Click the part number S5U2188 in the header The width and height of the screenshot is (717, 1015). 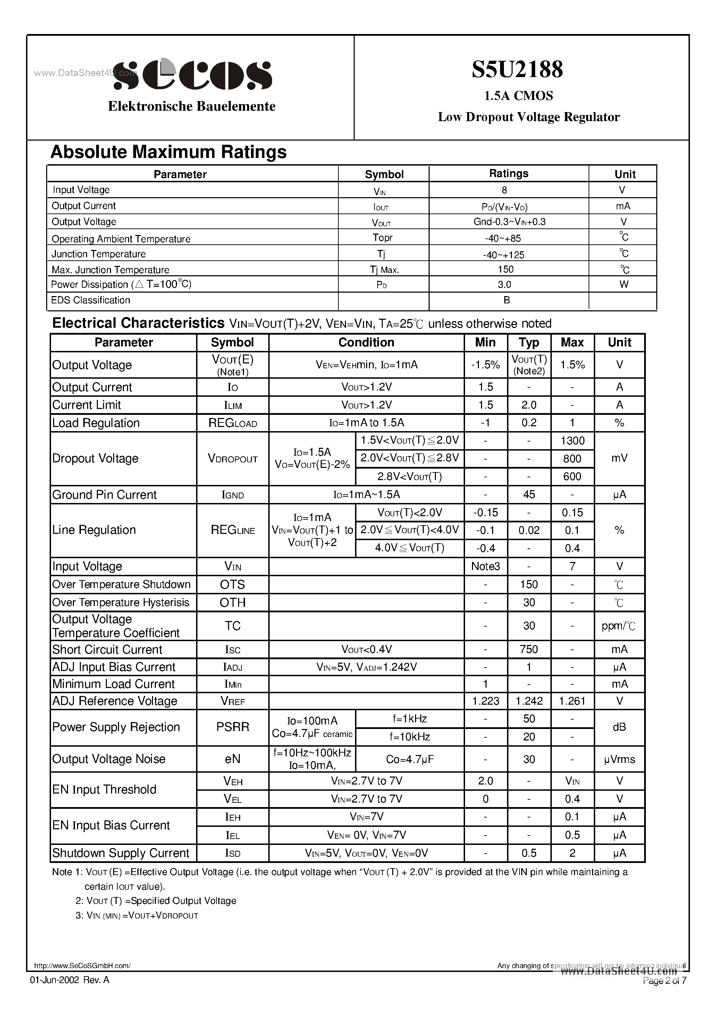517,69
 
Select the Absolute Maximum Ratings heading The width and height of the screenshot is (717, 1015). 168,152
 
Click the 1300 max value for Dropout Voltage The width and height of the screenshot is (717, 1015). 572,441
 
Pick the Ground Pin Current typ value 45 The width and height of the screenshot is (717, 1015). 529,495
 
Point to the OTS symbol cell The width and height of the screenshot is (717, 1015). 232,585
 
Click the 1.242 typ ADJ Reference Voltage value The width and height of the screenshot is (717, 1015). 529,701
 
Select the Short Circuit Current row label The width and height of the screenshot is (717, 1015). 108,649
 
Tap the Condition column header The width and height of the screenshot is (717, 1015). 366,343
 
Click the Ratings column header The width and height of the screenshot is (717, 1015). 508,174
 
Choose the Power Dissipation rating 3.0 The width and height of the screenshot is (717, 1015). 504,285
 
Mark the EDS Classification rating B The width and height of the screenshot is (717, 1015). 507,300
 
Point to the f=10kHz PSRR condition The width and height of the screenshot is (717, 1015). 409,737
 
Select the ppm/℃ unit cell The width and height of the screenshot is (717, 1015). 619,626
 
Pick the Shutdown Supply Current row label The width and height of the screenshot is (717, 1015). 121,853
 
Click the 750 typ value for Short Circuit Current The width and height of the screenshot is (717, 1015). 529,649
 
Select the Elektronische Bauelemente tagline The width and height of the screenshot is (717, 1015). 192,106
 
